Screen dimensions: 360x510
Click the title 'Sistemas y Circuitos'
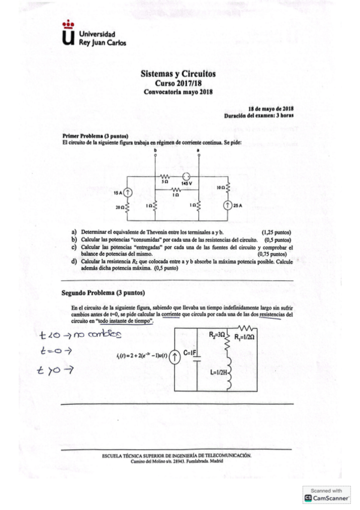pyautogui.click(x=177, y=73)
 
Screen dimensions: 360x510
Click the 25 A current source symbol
pyautogui.click(x=227, y=206)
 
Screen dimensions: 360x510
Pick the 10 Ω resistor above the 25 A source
pyautogui.click(x=227, y=188)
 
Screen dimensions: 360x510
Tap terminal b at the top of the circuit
pyautogui.click(x=155, y=154)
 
